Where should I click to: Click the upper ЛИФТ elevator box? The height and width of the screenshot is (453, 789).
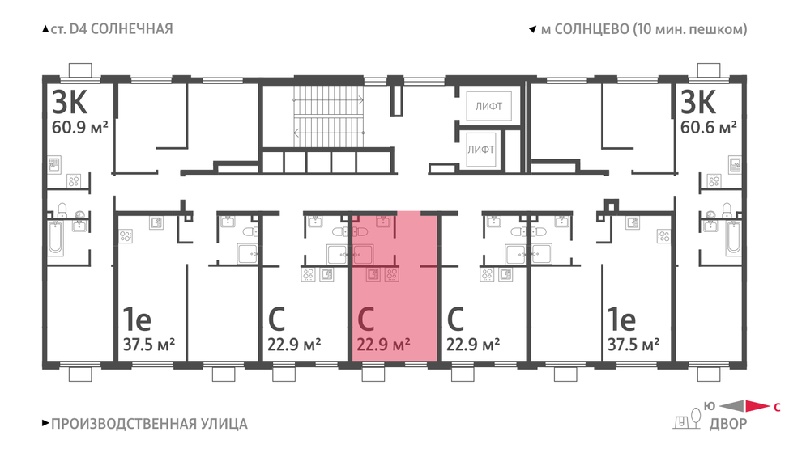pos(488,106)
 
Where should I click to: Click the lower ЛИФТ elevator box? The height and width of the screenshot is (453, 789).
pos(480,149)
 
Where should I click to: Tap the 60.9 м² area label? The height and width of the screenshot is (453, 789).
pos(80,127)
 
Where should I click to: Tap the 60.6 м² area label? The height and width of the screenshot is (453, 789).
pos(709,127)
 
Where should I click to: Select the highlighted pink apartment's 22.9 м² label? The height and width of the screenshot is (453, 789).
pos(383,345)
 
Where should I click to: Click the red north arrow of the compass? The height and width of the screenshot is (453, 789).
pos(757,406)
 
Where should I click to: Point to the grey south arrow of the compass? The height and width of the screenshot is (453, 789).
pos(732,406)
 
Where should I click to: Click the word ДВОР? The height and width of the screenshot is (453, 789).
pos(728,424)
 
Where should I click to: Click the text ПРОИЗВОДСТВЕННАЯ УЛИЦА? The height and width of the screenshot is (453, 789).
pos(149,424)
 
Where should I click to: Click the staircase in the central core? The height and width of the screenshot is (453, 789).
pos(329,116)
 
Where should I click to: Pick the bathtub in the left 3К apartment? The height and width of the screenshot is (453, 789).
pos(55,238)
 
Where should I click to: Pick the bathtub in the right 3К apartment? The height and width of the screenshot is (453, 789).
pos(734,237)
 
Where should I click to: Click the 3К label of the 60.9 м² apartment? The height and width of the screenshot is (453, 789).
pos(70,102)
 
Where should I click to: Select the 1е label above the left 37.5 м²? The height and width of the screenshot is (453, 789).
pos(137,319)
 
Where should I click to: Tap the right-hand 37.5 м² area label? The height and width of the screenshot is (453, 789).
pos(633,345)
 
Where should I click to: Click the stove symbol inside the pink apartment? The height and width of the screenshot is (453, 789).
pos(392,274)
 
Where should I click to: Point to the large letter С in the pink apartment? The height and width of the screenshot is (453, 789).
pos(366,319)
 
